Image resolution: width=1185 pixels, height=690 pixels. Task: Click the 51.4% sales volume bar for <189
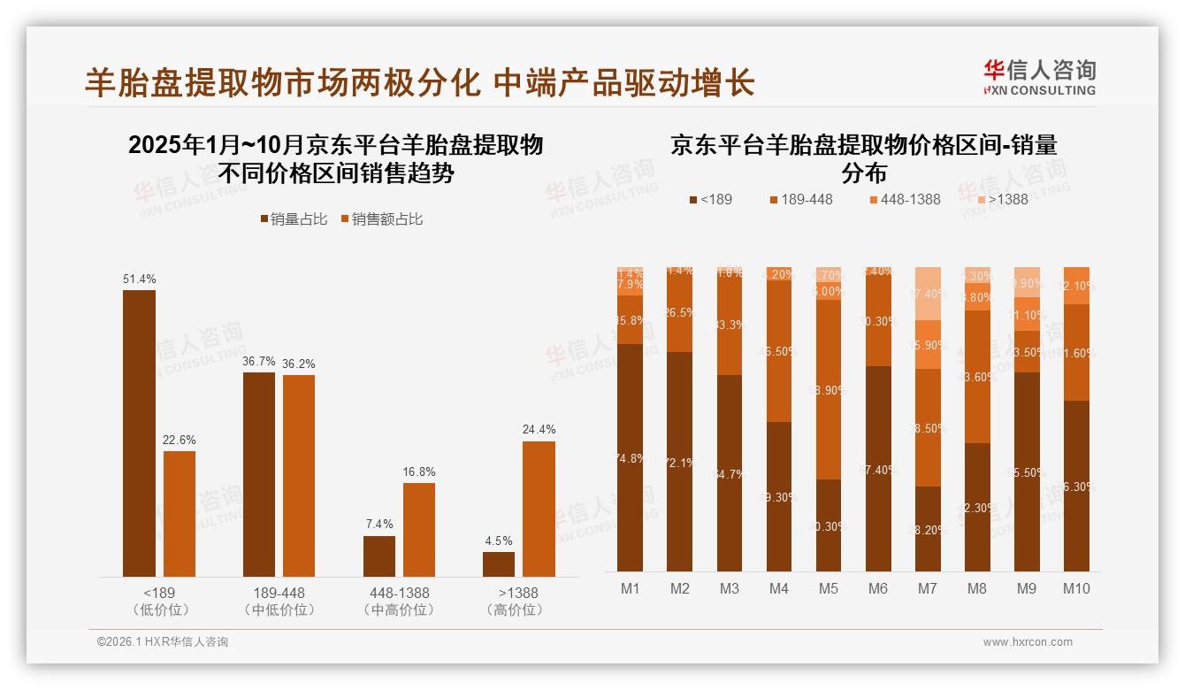click(139, 433)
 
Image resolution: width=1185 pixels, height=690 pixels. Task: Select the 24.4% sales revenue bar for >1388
click(539, 509)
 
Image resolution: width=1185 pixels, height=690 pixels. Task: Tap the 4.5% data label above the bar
click(499, 540)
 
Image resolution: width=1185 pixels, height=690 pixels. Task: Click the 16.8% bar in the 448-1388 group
click(419, 529)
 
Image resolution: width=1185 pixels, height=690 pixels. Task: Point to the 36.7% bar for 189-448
click(259, 474)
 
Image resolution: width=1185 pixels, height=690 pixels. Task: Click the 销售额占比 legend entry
click(381, 219)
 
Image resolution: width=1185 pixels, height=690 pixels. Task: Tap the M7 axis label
click(928, 588)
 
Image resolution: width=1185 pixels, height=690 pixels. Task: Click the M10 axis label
click(1076, 588)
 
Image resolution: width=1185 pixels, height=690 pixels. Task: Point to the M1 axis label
click(631, 588)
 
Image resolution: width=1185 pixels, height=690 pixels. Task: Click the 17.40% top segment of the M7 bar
click(928, 293)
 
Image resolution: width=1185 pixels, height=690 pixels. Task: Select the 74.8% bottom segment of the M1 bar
click(631, 457)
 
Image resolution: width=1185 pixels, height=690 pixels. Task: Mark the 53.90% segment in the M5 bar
click(829, 389)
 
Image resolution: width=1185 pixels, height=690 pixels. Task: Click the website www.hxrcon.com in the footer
click(1028, 642)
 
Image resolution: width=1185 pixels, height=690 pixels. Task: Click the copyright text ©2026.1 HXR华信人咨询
click(163, 642)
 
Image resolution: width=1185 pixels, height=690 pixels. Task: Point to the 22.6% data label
click(180, 440)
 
